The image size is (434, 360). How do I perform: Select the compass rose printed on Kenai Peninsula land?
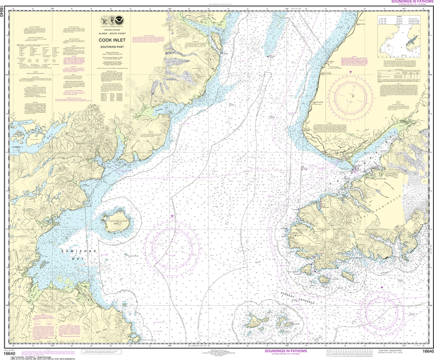350,95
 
